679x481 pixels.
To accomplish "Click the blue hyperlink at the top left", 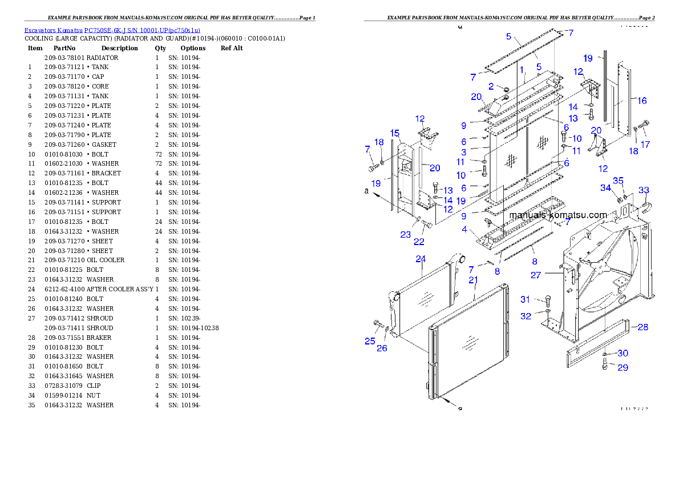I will pyautogui.click(x=112, y=30).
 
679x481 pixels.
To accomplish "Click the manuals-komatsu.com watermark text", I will pyautogui.click(x=558, y=215).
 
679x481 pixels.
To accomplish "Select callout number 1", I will pyautogui.click(x=522, y=69).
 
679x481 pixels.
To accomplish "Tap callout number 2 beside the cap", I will pyautogui.click(x=491, y=86).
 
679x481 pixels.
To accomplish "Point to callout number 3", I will pyautogui.click(x=464, y=153).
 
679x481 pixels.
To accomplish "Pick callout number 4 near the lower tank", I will pyautogui.click(x=465, y=230).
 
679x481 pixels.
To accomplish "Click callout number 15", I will pyautogui.click(x=394, y=133).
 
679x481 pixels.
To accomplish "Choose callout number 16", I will pyautogui.click(x=642, y=101).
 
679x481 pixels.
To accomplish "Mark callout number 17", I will pyautogui.click(x=645, y=145).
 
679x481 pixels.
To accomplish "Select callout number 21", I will pyautogui.click(x=473, y=280).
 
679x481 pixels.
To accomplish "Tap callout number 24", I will pyautogui.click(x=421, y=259).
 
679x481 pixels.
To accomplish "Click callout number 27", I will pyautogui.click(x=536, y=275).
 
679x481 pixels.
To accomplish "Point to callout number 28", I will pyautogui.click(x=642, y=327).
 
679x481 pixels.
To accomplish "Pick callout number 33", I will pyautogui.click(x=644, y=190).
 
